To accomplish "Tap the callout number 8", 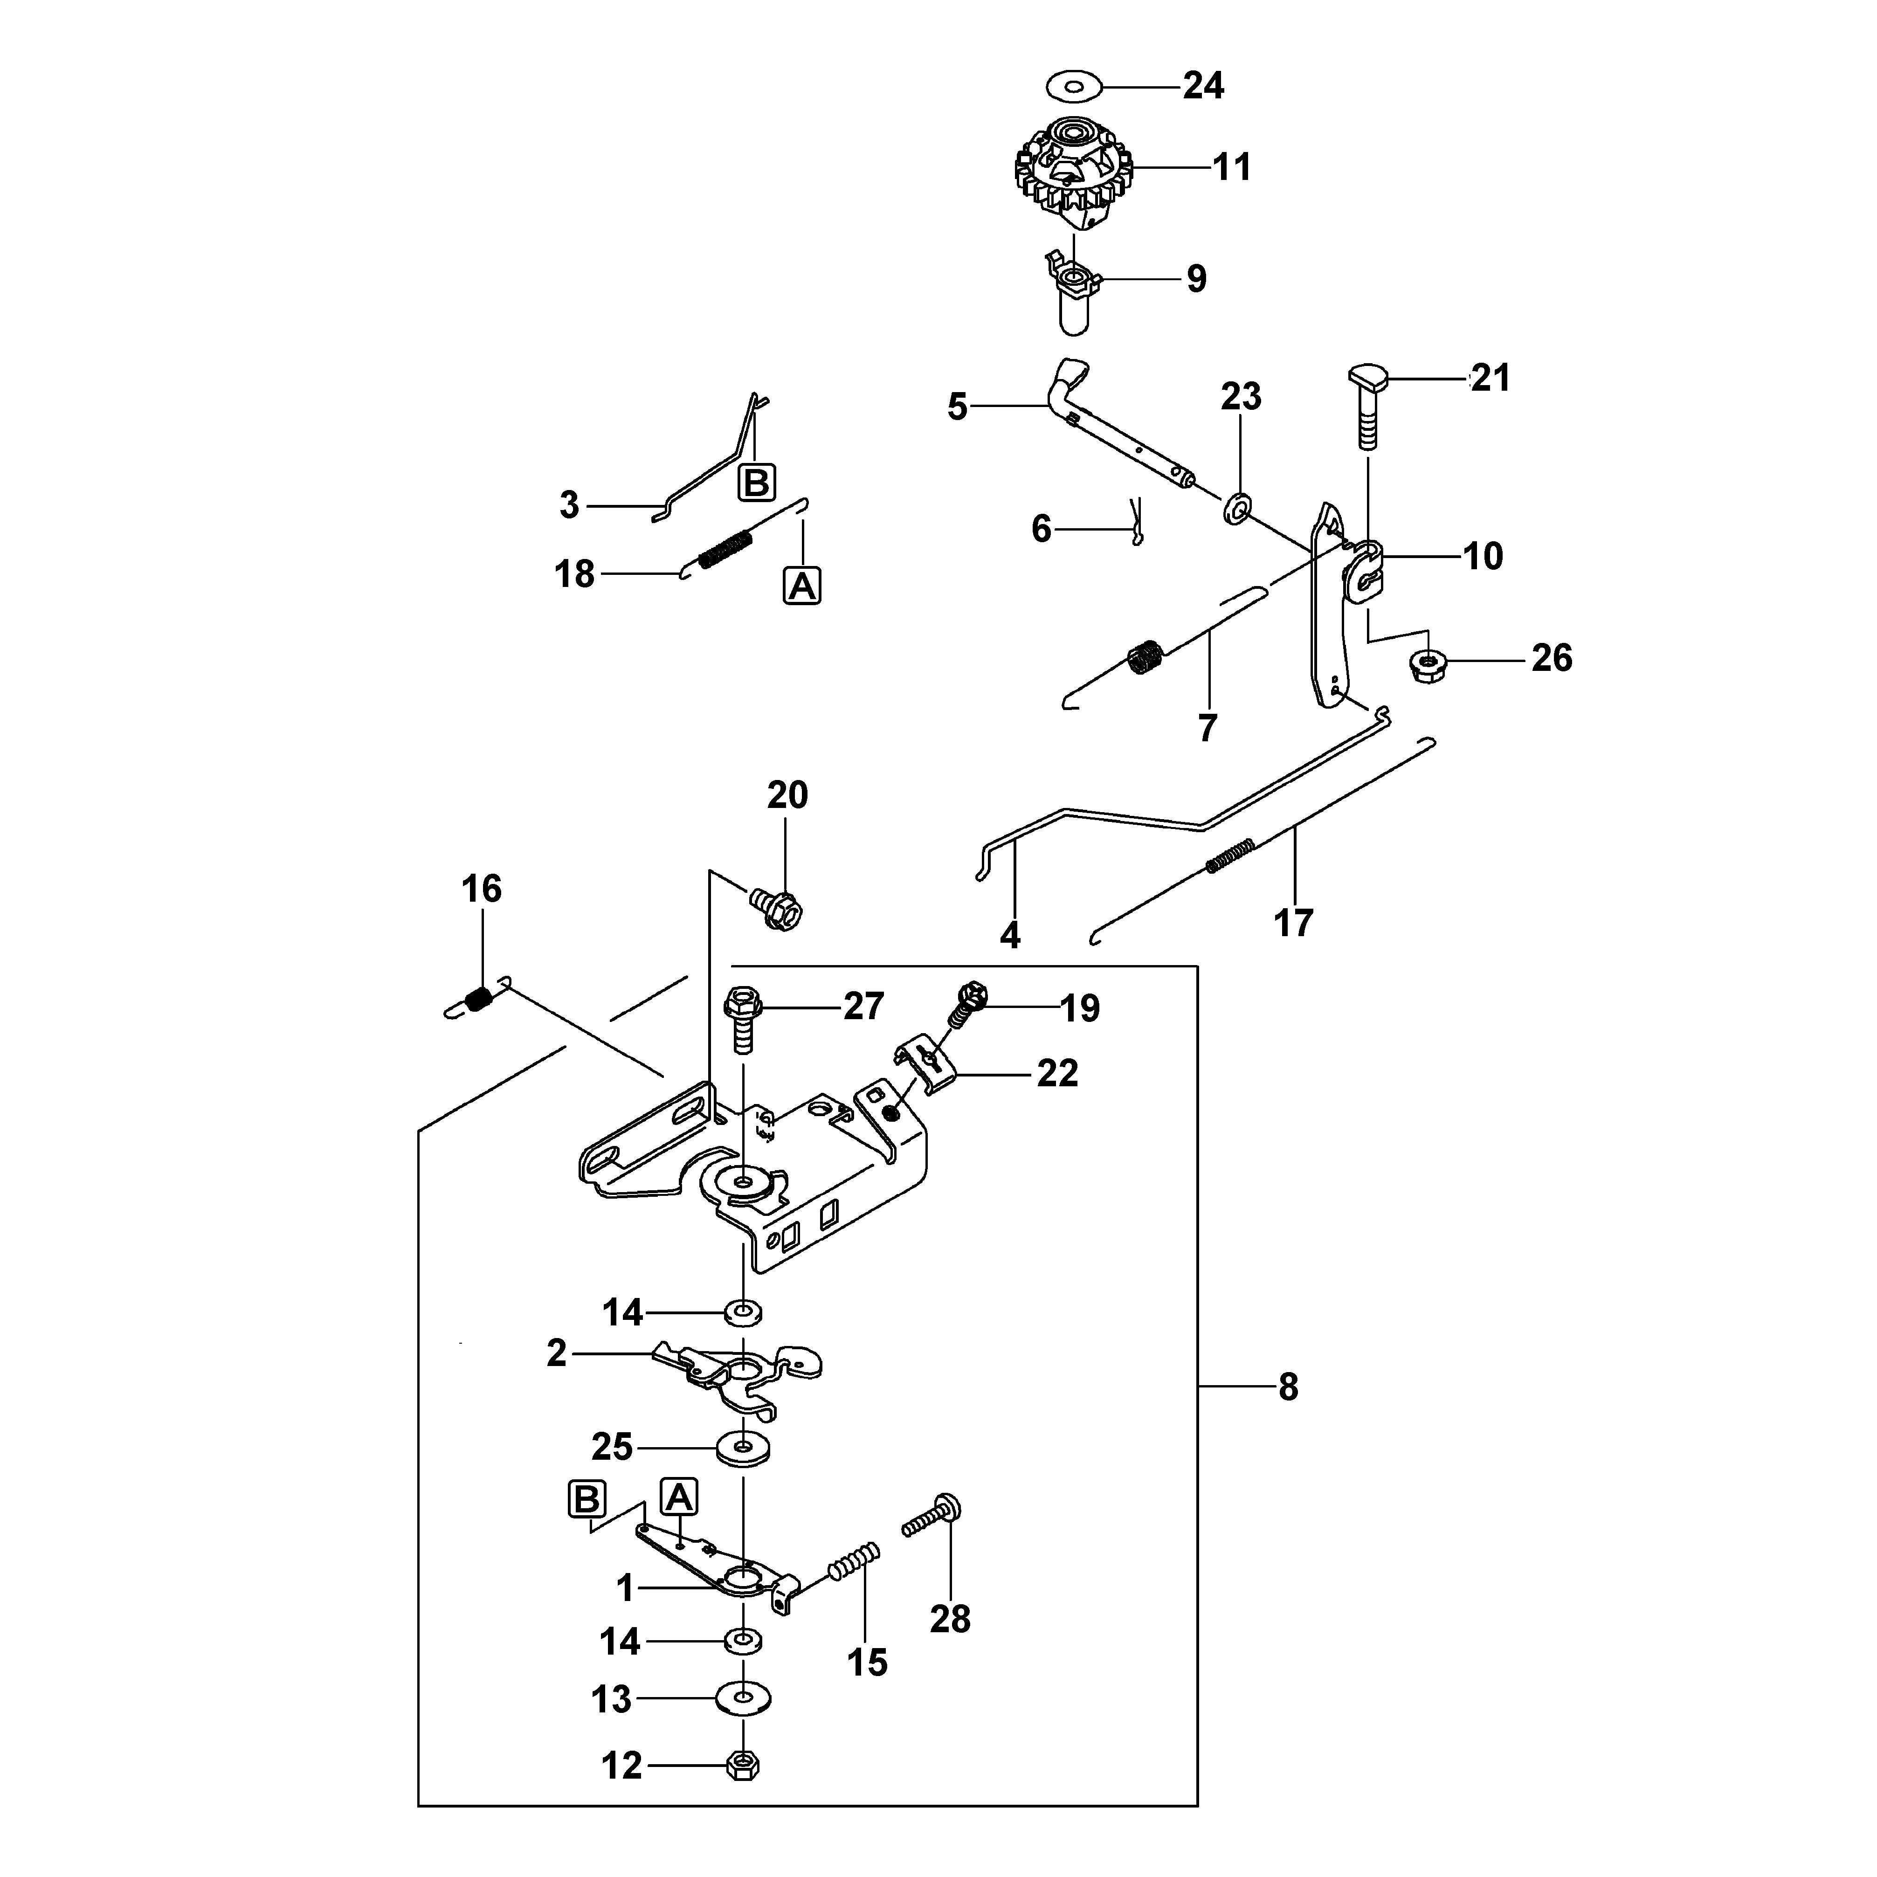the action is coord(1288,1387).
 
